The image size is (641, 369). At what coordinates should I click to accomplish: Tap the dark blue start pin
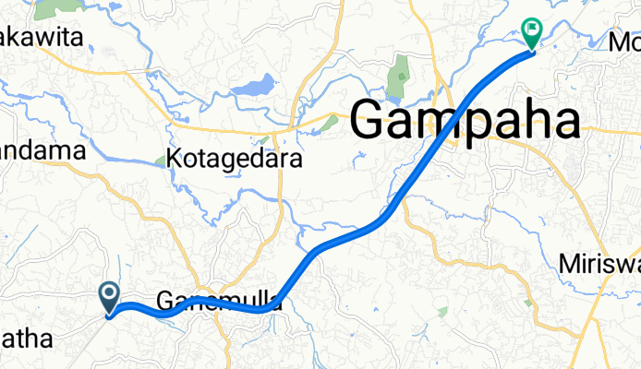[109, 298]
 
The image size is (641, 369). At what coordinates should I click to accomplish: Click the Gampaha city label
[466, 121]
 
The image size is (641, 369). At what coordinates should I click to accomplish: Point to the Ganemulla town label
[218, 301]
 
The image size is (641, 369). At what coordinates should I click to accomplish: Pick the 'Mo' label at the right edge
[624, 42]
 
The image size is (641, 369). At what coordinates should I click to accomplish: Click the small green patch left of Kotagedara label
[160, 161]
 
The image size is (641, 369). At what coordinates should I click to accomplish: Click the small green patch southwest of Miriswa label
[527, 302]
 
